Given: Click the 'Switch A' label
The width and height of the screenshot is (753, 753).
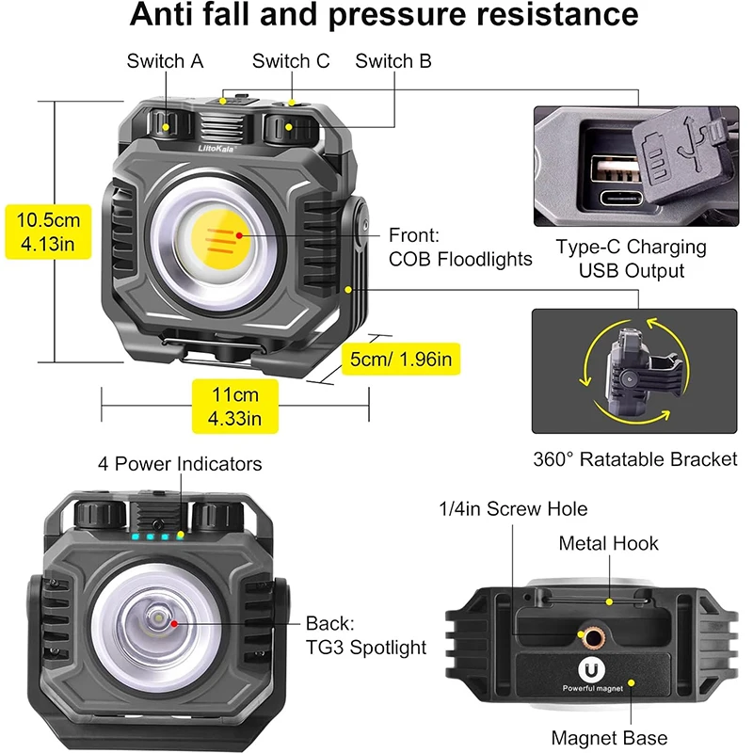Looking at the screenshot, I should pyautogui.click(x=165, y=61).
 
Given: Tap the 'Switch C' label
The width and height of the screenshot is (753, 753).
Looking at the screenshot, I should pyautogui.click(x=291, y=61).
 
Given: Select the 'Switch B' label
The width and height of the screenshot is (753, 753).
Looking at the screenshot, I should pyautogui.click(x=393, y=61).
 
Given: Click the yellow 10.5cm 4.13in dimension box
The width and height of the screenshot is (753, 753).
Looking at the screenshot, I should pyautogui.click(x=49, y=234).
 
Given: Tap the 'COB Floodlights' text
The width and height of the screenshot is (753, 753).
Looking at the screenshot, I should pyautogui.click(x=460, y=259).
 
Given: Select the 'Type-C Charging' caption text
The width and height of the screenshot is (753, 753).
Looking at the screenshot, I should pyautogui.click(x=631, y=248).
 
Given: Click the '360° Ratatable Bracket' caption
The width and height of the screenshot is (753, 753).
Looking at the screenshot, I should pyautogui.click(x=634, y=459).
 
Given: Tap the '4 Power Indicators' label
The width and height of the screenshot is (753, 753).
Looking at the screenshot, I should pyautogui.click(x=180, y=464).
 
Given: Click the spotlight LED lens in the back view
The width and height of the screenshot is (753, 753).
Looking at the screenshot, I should pyautogui.click(x=158, y=621).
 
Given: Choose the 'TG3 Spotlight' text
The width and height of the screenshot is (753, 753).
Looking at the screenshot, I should pyautogui.click(x=366, y=647).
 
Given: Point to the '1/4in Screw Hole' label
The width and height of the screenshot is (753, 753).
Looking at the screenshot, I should pyautogui.click(x=513, y=509).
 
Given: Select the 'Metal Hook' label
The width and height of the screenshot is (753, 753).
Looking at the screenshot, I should pyautogui.click(x=608, y=543).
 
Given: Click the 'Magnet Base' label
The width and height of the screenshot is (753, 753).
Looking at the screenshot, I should pyautogui.click(x=609, y=738).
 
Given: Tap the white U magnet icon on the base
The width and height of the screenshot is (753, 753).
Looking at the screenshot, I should pyautogui.click(x=589, y=675).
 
